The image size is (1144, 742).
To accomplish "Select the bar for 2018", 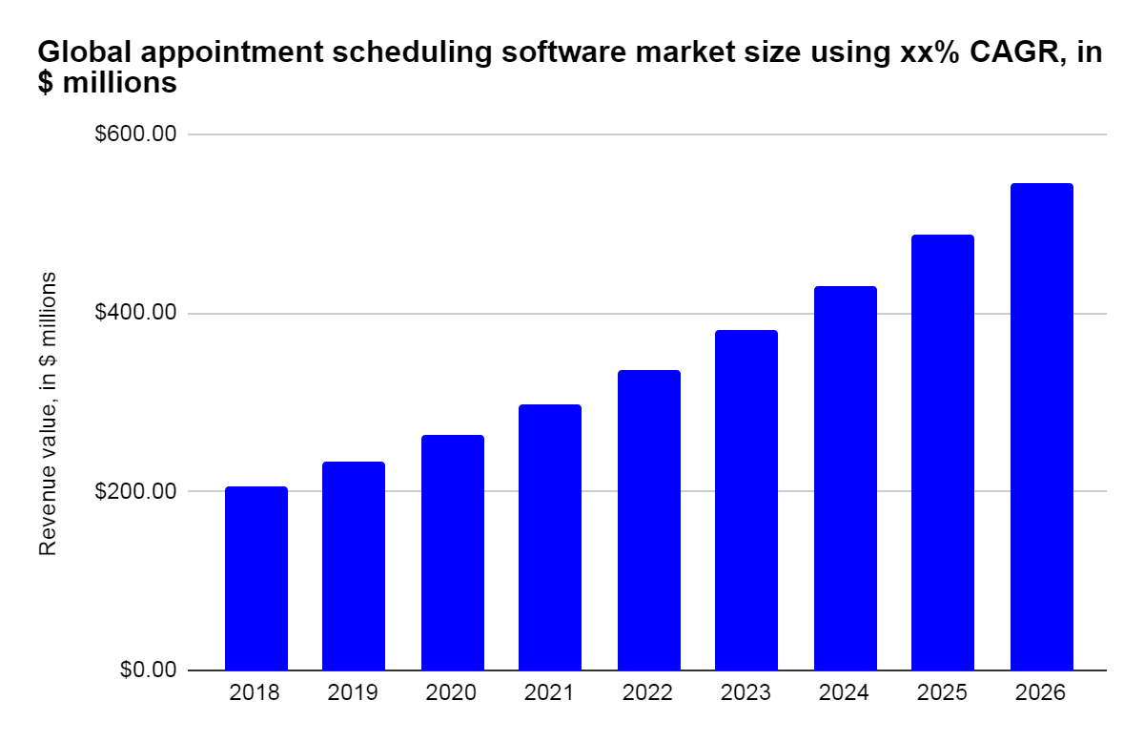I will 255,578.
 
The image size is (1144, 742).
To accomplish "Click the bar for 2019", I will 354,566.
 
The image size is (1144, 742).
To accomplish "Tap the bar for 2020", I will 452,552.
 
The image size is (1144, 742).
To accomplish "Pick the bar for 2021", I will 550,537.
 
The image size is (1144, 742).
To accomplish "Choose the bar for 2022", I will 648,520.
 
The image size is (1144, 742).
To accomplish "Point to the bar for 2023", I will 746,500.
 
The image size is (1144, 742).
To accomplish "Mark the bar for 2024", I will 845,478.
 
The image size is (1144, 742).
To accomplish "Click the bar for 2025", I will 943,452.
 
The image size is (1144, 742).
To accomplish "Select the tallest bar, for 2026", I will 1041,426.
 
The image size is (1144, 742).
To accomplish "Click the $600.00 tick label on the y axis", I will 135,134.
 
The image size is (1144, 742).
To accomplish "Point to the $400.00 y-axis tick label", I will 135,313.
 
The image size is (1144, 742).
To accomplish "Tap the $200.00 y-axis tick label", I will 135,491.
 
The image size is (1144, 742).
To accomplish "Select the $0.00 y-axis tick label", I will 148,670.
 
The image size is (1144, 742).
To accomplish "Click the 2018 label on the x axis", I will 255,693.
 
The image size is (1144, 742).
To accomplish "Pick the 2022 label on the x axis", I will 648,693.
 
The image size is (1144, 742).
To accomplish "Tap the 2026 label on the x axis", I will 1041,693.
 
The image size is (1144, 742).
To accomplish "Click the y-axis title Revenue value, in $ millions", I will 47,412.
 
